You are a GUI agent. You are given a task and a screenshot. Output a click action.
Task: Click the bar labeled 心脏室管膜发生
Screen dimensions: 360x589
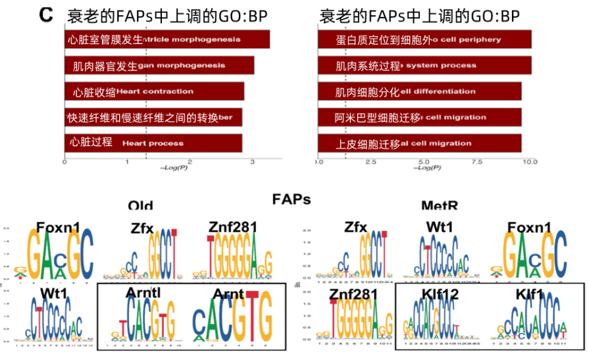[x=167, y=39]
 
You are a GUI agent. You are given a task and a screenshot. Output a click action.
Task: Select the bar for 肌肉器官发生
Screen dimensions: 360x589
[x=159, y=66]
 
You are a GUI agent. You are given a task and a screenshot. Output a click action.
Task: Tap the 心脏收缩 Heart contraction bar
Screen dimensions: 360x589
[x=154, y=91]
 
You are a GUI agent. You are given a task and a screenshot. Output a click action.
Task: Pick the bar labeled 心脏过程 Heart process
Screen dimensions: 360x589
[x=153, y=143]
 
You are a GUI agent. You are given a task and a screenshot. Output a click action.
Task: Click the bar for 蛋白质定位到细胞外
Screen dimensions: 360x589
[x=424, y=39]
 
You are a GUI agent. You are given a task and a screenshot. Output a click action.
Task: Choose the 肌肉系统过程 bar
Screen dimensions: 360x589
[x=424, y=66]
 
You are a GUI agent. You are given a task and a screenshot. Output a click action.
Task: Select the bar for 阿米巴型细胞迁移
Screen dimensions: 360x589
[x=419, y=117]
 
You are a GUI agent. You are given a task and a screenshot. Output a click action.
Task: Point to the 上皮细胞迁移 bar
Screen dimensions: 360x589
[x=419, y=143]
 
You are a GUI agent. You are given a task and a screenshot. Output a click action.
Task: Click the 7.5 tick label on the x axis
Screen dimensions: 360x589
[x=476, y=162]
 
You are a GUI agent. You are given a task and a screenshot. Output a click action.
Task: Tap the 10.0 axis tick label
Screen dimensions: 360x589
[x=530, y=162]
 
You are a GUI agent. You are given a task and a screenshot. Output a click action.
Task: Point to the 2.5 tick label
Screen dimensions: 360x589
[x=370, y=162]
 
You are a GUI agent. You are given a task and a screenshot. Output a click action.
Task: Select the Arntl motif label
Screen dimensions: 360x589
[x=144, y=293]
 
